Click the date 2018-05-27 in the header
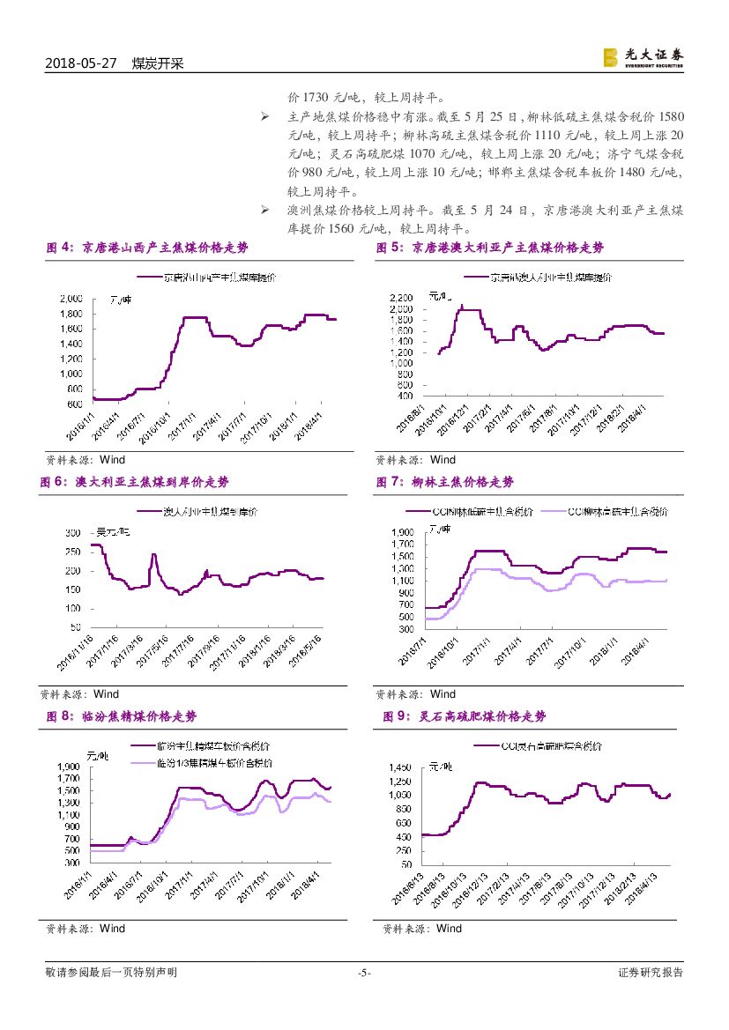point(80,63)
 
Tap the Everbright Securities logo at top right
point(643,57)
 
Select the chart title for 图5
point(490,248)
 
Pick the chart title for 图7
point(445,482)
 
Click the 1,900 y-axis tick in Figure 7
point(401,532)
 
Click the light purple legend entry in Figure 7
point(605,512)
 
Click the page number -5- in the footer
point(364,973)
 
